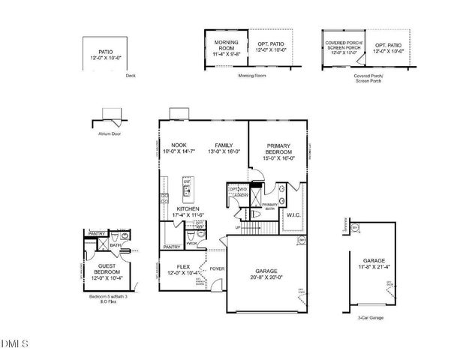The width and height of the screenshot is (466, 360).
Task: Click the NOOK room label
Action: [178, 145]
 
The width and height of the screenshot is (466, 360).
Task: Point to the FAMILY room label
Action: [224, 145]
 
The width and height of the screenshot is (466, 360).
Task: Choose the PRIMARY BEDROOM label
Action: [278, 149]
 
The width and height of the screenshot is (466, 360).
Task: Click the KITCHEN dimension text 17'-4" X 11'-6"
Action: [188, 215]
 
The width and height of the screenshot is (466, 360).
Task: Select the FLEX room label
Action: [183, 265]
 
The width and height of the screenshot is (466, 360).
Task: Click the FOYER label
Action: [217, 266]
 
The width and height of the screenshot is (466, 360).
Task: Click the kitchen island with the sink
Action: [187, 190]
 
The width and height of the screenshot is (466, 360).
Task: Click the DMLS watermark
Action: [15, 345]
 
